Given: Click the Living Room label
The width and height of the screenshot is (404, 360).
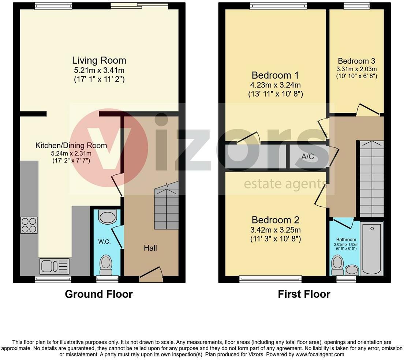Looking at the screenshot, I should click(x=99, y=60).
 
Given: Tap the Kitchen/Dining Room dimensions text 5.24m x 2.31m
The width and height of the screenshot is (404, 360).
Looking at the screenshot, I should click(x=71, y=153).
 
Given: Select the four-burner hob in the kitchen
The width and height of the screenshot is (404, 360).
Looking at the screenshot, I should click(x=29, y=225).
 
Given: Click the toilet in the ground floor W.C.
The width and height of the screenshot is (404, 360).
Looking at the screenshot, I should click(x=106, y=265).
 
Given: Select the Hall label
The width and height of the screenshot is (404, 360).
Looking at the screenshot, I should click(x=150, y=248).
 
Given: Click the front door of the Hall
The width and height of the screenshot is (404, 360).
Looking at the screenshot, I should click(x=151, y=275).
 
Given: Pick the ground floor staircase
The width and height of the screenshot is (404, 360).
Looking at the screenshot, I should click(x=166, y=207).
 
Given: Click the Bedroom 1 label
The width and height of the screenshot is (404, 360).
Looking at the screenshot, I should click(x=275, y=75).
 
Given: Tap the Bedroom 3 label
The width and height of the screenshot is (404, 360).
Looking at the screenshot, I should click(x=356, y=61).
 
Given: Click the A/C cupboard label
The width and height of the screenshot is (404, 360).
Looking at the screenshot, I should click(x=307, y=157).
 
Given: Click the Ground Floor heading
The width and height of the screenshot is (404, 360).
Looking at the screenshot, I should click(x=99, y=294).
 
